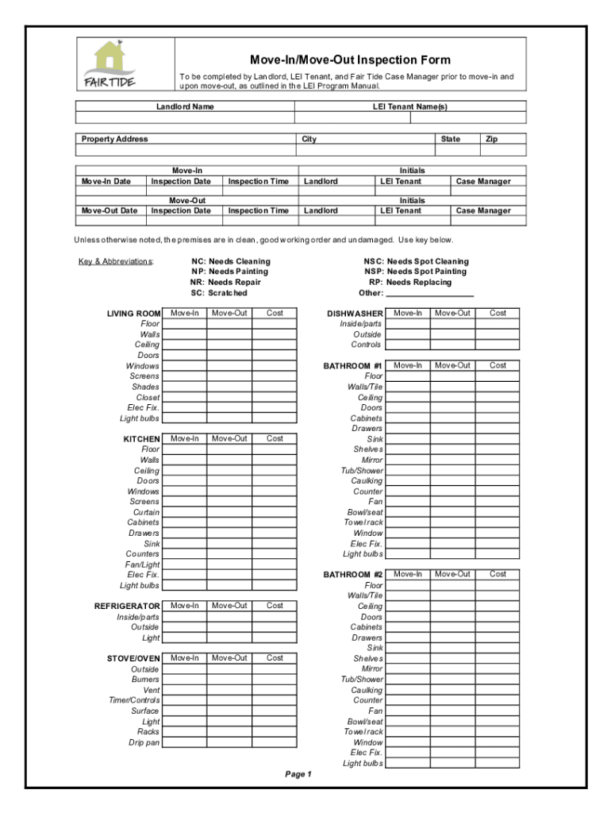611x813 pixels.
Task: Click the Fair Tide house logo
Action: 109,64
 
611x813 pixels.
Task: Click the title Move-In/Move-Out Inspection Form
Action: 350,60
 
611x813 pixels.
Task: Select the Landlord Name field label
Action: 185,106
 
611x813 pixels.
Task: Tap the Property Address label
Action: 115,139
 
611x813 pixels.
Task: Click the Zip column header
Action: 492,139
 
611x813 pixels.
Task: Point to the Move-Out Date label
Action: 110,210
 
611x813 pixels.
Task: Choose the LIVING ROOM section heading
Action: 133,314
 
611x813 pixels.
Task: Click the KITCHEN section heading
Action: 141,439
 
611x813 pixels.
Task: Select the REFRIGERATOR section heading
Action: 127,606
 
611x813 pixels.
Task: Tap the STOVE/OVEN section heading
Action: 133,658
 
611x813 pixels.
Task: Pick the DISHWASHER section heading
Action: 355,314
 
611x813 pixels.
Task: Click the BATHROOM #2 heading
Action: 353,574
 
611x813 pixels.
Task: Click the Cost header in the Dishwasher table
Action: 498,313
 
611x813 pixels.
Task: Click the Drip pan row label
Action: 144,742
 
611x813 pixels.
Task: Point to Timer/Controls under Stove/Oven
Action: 134,700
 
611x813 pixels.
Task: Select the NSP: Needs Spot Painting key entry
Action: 415,272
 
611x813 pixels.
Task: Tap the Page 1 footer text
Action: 298,774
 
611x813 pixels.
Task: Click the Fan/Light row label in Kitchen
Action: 142,564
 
